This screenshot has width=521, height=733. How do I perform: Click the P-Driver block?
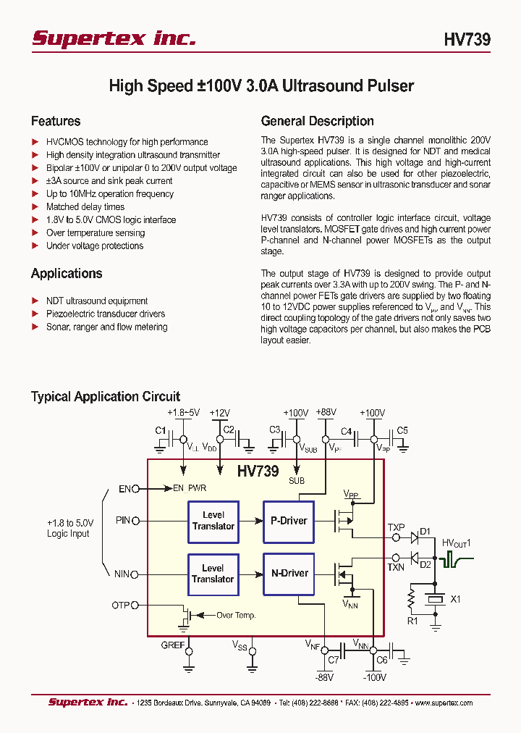pyautogui.click(x=289, y=522)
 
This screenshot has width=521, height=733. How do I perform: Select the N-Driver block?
pyautogui.click(x=289, y=574)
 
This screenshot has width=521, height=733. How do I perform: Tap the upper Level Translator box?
pyautogui.click(x=213, y=521)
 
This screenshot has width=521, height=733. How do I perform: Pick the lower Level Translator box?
pyautogui.click(x=213, y=574)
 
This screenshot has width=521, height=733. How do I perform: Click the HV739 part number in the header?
pyautogui.click(x=467, y=40)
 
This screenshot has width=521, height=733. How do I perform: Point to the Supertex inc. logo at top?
pyautogui.click(x=114, y=38)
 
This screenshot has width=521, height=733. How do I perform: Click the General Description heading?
pyautogui.click(x=317, y=121)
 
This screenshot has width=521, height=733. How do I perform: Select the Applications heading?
pyautogui.click(x=67, y=273)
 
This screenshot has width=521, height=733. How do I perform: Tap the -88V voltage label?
pyautogui.click(x=324, y=678)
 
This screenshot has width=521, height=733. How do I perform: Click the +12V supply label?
pyautogui.click(x=219, y=413)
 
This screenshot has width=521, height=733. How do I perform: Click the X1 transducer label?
pyautogui.click(x=455, y=599)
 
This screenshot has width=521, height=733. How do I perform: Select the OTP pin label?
pyautogui.click(x=121, y=604)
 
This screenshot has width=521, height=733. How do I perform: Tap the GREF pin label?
pyautogui.click(x=173, y=644)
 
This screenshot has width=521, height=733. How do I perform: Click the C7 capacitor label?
pyautogui.click(x=334, y=661)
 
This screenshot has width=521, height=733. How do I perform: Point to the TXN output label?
pyautogui.click(x=396, y=567)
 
